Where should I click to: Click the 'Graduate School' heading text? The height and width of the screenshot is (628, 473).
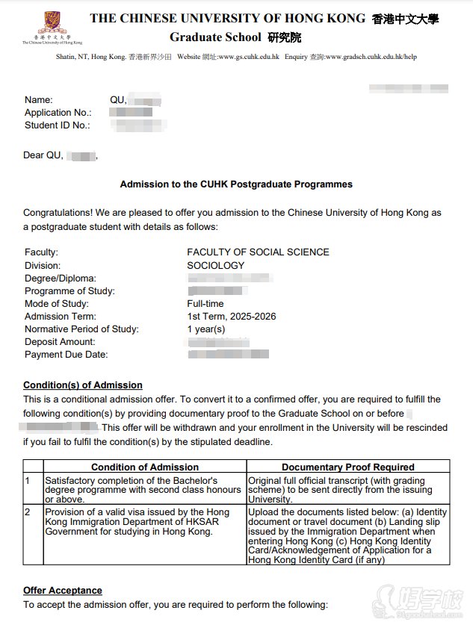pos(215,37)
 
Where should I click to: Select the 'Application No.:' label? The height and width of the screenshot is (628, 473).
pos(58,113)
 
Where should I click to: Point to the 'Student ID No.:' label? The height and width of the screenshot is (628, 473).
pos(57,125)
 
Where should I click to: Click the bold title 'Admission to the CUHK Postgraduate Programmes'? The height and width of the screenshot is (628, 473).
pos(236,184)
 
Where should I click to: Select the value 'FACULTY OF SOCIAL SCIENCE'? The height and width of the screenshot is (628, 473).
pos(258,252)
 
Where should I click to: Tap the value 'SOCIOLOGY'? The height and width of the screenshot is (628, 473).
pos(215,265)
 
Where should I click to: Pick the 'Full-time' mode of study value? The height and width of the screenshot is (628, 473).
pos(205,304)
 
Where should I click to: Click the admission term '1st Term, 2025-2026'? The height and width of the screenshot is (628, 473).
pos(231,317)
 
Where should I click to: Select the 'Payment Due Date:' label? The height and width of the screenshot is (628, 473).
pos(66,355)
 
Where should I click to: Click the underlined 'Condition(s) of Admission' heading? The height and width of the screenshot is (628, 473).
pos(82,385)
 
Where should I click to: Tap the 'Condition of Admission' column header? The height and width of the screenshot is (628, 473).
pos(145,467)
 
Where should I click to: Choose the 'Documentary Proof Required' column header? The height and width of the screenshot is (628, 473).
pos(347,467)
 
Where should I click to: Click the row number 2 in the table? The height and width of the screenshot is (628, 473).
pos(28,512)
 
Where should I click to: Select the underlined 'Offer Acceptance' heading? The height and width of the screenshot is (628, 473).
pos(62,591)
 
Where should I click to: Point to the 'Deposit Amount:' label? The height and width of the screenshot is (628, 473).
pos(60,342)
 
